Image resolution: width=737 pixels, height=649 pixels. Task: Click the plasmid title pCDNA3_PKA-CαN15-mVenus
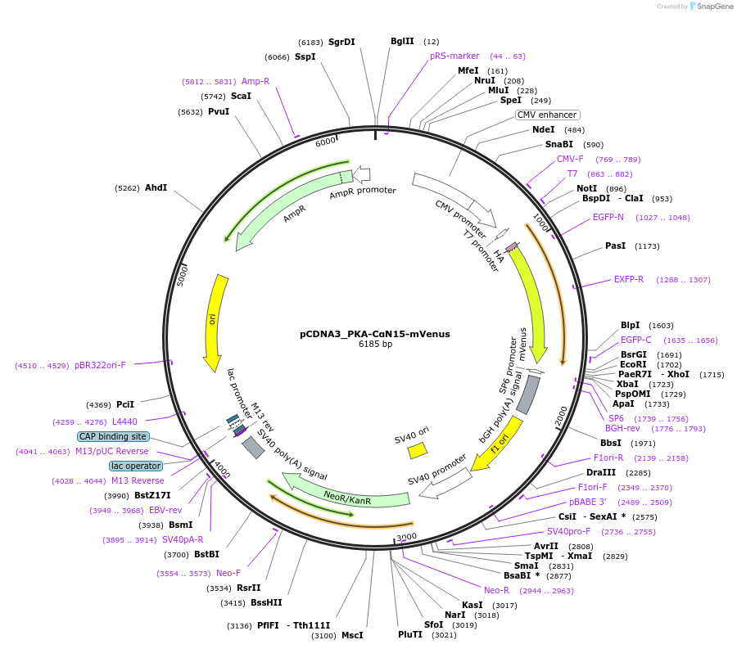coord(374,334)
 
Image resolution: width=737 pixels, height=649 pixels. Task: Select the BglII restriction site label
coord(402,41)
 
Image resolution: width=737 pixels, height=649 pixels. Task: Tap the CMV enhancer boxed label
coord(547,115)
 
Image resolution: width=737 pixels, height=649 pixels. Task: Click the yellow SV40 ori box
coord(418,450)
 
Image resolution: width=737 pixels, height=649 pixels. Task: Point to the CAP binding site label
coord(114,436)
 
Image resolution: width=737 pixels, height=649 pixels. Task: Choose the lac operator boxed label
coord(136,466)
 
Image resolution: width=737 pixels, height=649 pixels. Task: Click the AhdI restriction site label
coord(156,187)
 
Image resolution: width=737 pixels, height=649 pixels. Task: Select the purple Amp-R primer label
coord(255,81)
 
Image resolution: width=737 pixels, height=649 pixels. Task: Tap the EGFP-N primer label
coord(608,217)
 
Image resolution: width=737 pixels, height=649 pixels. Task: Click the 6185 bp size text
coord(375,345)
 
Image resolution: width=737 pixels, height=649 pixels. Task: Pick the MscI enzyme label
coord(351,635)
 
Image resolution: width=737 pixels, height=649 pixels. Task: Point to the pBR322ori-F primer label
coord(100,365)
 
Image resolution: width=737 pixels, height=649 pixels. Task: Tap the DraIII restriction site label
coord(600,472)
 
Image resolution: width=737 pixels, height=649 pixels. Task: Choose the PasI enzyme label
coord(615,246)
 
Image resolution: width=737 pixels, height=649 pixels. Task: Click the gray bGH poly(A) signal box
coord(529,394)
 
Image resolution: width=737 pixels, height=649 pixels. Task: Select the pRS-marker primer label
coord(454,56)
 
